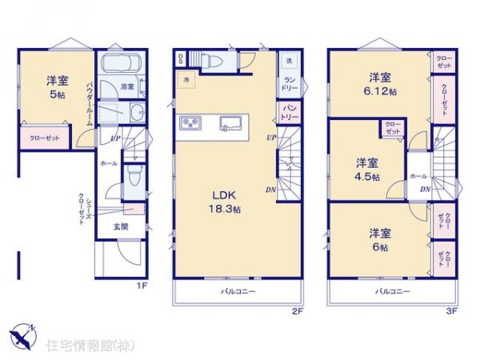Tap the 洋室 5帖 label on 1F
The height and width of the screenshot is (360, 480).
pos(56,87)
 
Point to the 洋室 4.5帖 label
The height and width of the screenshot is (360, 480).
pos(369,168)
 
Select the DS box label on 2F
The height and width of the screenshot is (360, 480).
pos(182,58)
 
